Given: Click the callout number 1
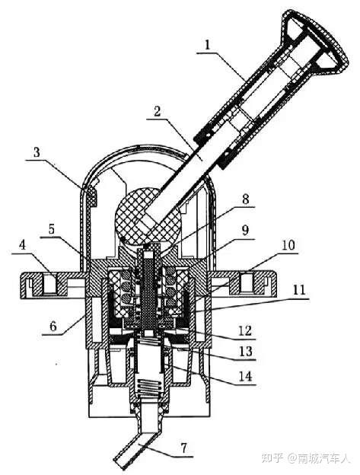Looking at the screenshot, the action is tap(208, 46).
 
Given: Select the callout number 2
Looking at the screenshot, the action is tap(157, 111).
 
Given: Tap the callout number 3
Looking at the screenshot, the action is tap(37, 152).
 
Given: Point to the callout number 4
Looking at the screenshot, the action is tap(22, 246).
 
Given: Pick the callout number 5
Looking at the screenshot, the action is tap(52, 229).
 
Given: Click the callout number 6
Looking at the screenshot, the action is tap(53, 327).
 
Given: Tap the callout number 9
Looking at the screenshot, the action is tap(245, 231).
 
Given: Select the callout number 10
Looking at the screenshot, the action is tap(288, 245).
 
